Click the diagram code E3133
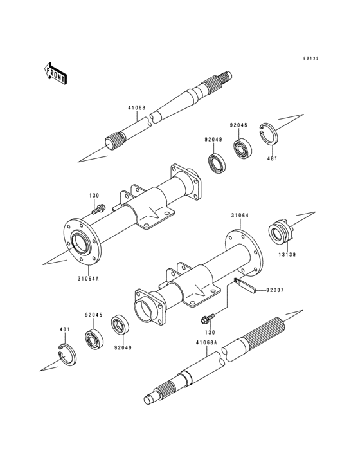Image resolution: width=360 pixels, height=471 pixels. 311,58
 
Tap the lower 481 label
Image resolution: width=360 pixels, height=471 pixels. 65,329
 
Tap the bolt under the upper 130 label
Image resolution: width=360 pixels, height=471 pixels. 98,208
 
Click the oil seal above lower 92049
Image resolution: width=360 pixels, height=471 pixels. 120,325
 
